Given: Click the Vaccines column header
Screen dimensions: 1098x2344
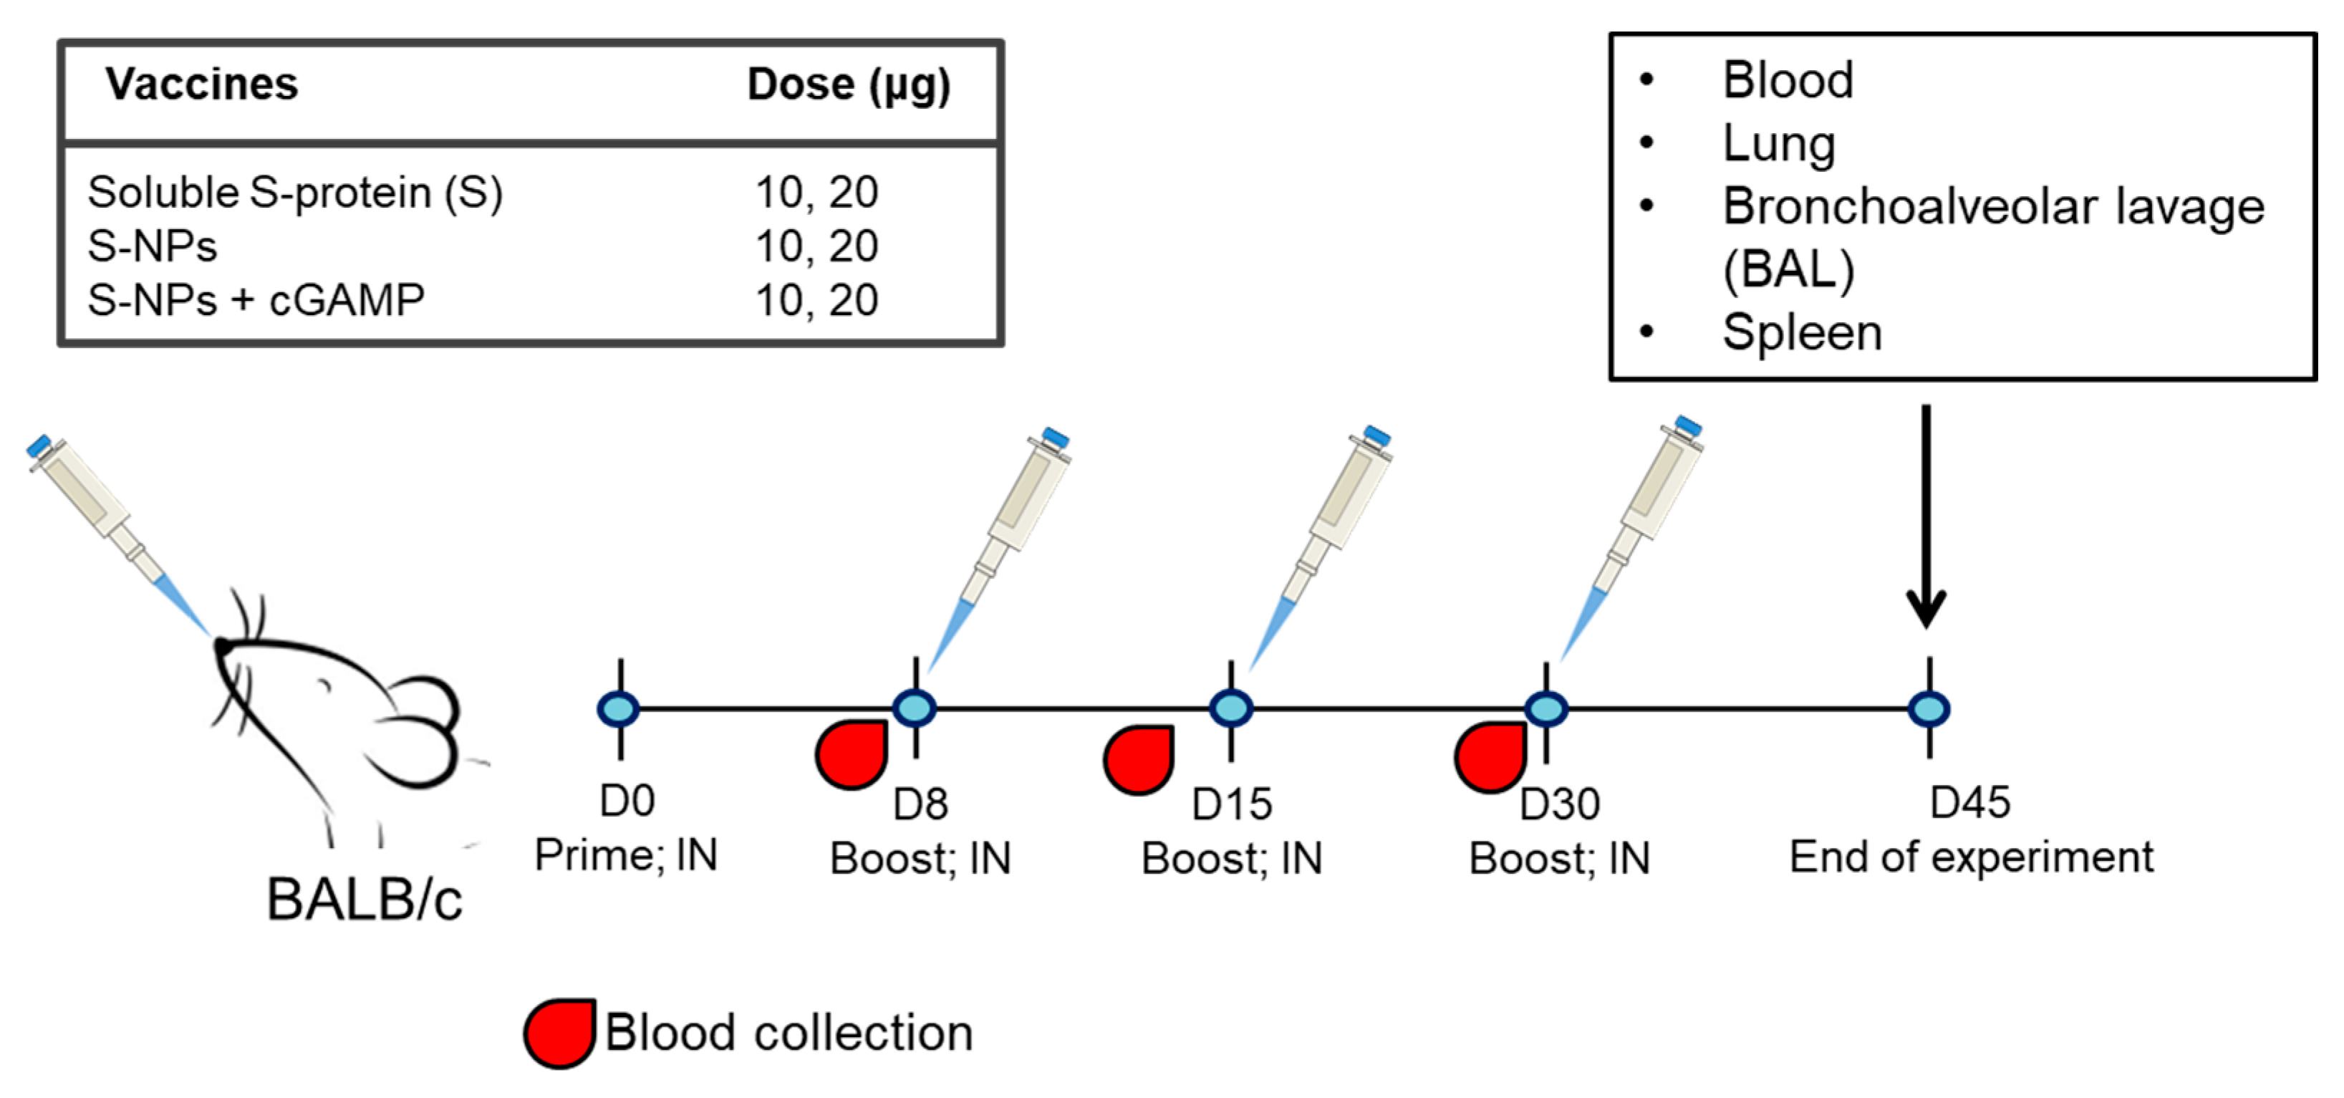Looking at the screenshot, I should click(x=201, y=85).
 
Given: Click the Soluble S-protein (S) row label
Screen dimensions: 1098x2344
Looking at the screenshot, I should click(x=295, y=193).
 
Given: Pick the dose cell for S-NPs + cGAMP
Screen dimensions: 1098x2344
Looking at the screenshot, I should click(x=816, y=300).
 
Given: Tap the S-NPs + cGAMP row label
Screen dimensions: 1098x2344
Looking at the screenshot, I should click(x=256, y=300).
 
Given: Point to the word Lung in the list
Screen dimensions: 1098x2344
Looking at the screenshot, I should click(x=1778, y=144).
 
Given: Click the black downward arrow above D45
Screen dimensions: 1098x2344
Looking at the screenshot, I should click(x=1926, y=519).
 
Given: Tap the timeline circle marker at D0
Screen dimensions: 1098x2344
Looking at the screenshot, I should click(x=619, y=708).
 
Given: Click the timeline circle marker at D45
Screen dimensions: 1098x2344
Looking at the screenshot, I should click(x=1928, y=708).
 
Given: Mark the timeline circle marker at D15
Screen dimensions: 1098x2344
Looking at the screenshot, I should click(x=1230, y=708).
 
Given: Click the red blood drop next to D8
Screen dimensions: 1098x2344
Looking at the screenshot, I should click(x=852, y=754).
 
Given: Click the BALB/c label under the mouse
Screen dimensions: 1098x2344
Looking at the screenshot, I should click(x=364, y=900).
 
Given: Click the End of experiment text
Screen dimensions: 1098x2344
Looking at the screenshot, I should click(x=1971, y=857).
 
